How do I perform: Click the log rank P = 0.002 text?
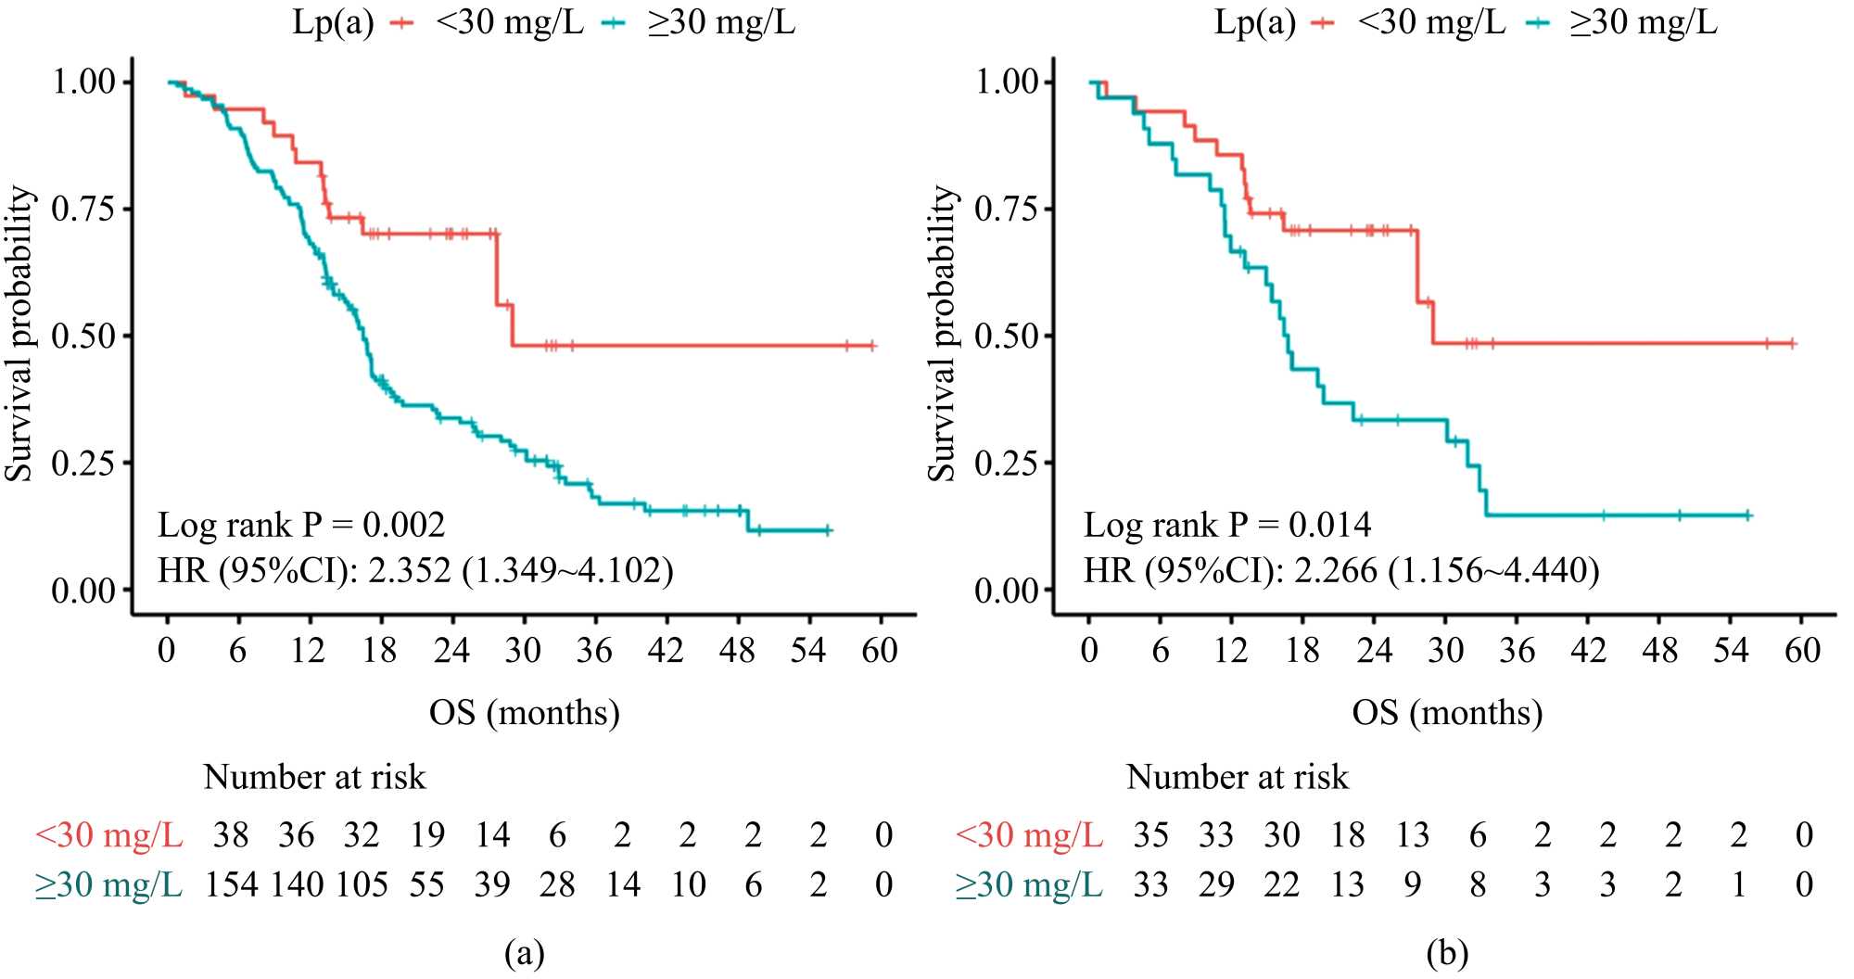coord(301,526)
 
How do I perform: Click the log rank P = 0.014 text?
coord(1226,526)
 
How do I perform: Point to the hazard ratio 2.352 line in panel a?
coord(415,570)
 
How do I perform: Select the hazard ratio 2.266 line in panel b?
coord(1341,570)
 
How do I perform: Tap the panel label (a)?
coord(524,952)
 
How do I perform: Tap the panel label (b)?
coord(1447,952)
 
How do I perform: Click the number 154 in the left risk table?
coord(231,884)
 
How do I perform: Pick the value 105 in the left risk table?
coord(362,884)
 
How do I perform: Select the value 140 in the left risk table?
coord(297,884)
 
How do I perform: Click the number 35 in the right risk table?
coord(1150,835)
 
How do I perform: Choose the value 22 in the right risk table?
coord(1281,884)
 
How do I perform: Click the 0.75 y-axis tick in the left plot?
coord(83,209)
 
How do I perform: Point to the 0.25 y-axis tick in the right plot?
coord(1006,463)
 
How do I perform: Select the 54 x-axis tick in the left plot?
coord(808,651)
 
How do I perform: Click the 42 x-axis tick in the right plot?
coord(1588,651)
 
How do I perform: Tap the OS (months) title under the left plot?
coord(524,713)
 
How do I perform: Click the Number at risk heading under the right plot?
coord(1237,777)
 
